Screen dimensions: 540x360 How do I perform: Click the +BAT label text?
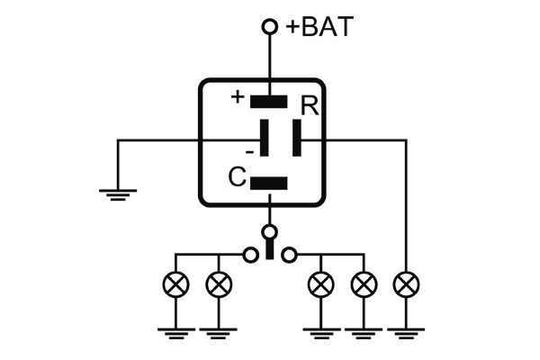[319, 26]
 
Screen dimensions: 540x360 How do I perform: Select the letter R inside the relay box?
[310, 105]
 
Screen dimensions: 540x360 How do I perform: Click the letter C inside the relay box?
[237, 176]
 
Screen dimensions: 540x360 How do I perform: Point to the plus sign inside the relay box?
[238, 97]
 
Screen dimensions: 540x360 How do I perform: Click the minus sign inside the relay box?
[249, 152]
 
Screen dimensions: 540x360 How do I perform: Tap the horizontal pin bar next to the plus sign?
[268, 102]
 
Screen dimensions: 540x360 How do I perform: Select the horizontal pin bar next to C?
[268, 184]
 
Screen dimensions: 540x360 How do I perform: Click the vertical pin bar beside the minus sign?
[264, 138]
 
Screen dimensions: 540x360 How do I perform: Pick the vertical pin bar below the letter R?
[297, 138]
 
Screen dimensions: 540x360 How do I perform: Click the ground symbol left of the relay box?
[118, 194]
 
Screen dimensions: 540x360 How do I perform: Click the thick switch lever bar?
[270, 248]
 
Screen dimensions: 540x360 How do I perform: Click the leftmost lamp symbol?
[175, 284]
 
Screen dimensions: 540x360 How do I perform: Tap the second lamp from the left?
[219, 284]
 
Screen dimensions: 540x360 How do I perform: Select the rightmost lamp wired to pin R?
[407, 284]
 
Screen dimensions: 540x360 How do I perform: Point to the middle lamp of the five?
[321, 284]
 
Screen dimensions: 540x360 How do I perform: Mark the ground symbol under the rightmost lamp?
[407, 334]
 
